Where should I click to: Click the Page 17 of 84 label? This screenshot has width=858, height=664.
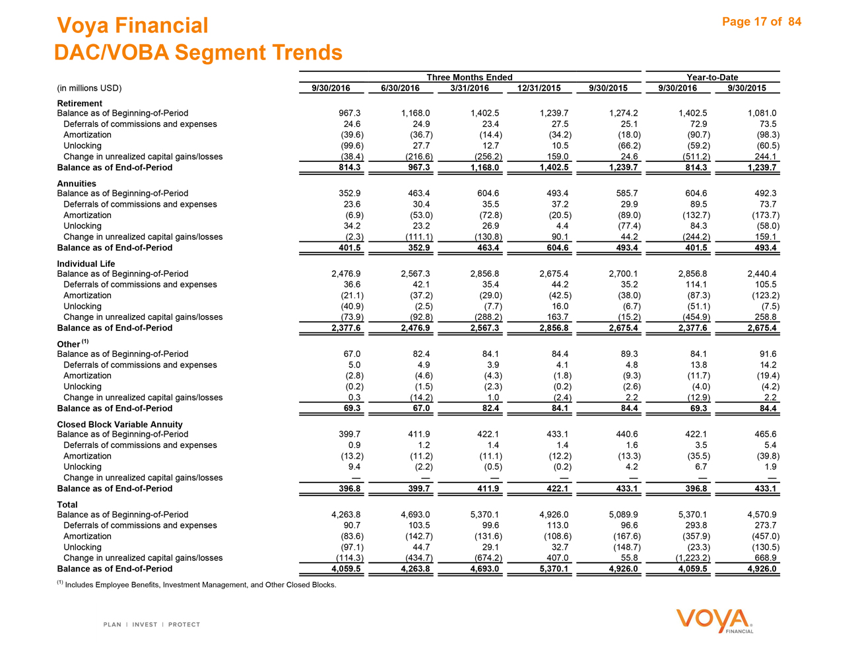(x=762, y=22)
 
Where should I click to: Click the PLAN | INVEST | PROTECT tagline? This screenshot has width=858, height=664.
(x=152, y=624)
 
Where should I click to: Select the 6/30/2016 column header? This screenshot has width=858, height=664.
(x=400, y=88)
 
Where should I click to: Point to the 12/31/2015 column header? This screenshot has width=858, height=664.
(x=539, y=88)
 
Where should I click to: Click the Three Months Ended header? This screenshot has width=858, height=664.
(x=469, y=77)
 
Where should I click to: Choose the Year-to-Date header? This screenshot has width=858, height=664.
(x=712, y=77)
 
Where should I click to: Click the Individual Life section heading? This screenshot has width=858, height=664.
(x=86, y=264)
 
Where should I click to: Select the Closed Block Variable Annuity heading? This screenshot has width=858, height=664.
(x=119, y=424)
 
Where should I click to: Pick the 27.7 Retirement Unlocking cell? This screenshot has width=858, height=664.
(x=419, y=145)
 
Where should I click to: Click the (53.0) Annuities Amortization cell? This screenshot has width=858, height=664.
(x=420, y=215)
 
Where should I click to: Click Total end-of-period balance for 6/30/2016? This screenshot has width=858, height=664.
(x=414, y=569)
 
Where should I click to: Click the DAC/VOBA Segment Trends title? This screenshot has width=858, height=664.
(x=198, y=52)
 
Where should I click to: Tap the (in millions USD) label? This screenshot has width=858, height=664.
(x=90, y=88)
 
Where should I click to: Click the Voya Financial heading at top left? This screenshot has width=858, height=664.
(x=133, y=26)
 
